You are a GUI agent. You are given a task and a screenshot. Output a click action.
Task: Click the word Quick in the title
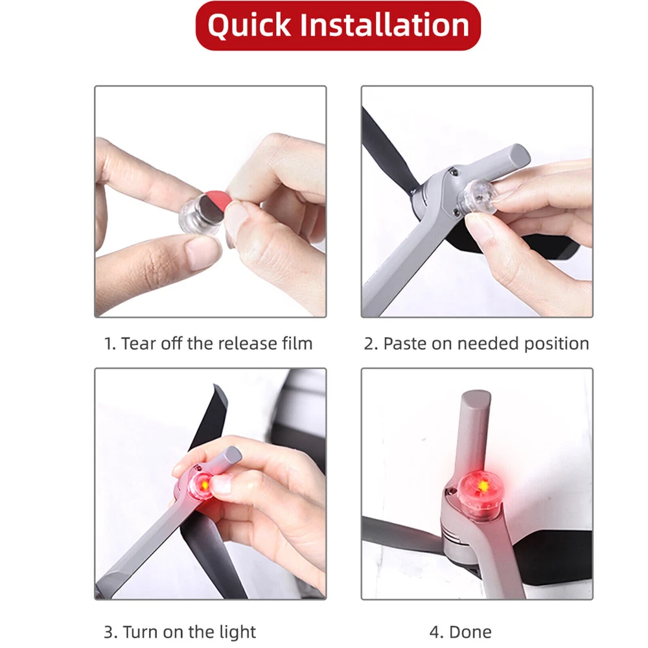click(x=249, y=26)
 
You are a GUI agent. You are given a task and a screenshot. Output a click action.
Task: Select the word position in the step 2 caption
click(x=556, y=344)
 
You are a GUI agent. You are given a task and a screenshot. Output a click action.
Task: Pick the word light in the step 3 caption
click(x=238, y=632)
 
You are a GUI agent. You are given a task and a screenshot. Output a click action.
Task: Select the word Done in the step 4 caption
click(x=470, y=632)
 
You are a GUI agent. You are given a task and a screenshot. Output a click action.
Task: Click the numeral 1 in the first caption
click(x=108, y=344)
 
